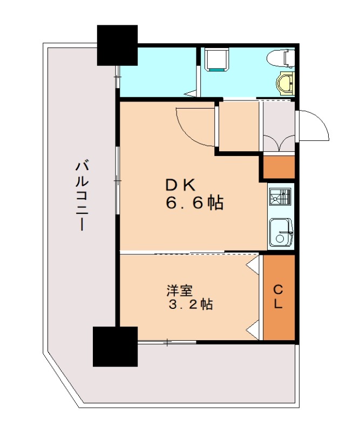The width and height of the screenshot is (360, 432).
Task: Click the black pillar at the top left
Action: coord(117,44)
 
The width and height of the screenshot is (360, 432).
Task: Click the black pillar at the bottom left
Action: coord(115,346)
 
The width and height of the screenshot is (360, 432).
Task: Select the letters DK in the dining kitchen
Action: coord(180,185)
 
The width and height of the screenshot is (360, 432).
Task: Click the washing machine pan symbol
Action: coord(218,59)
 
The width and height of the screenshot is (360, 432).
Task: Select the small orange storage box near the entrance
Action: coord(279,167)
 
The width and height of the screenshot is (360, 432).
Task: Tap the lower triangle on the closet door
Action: coord(253,329)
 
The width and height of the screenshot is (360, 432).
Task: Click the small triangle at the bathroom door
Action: coord(189,94)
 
